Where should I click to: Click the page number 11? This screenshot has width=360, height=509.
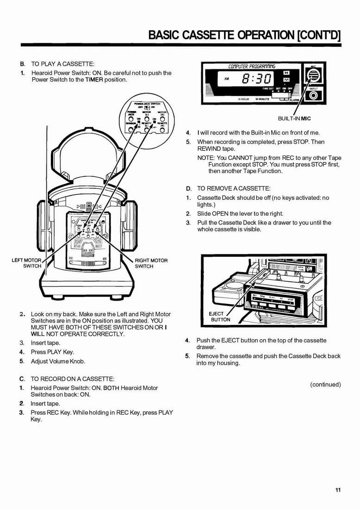point(338,490)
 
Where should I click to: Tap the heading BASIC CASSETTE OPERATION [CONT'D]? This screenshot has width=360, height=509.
point(244,35)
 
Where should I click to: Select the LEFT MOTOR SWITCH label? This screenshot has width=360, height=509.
point(26,263)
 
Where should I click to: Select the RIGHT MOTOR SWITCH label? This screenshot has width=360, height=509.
point(151,263)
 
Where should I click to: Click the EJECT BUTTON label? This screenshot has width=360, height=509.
point(220,317)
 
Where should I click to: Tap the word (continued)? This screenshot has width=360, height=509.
point(325,384)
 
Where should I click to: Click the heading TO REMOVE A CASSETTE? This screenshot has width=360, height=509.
point(234,189)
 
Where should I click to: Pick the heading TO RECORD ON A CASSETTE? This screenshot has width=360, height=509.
point(73,379)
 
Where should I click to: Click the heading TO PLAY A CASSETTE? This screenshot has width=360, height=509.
point(62,63)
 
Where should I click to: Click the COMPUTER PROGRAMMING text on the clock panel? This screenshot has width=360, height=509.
point(252,66)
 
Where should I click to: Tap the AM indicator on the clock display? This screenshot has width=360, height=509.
point(226,78)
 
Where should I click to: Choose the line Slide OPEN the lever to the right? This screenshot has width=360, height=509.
point(240,214)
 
